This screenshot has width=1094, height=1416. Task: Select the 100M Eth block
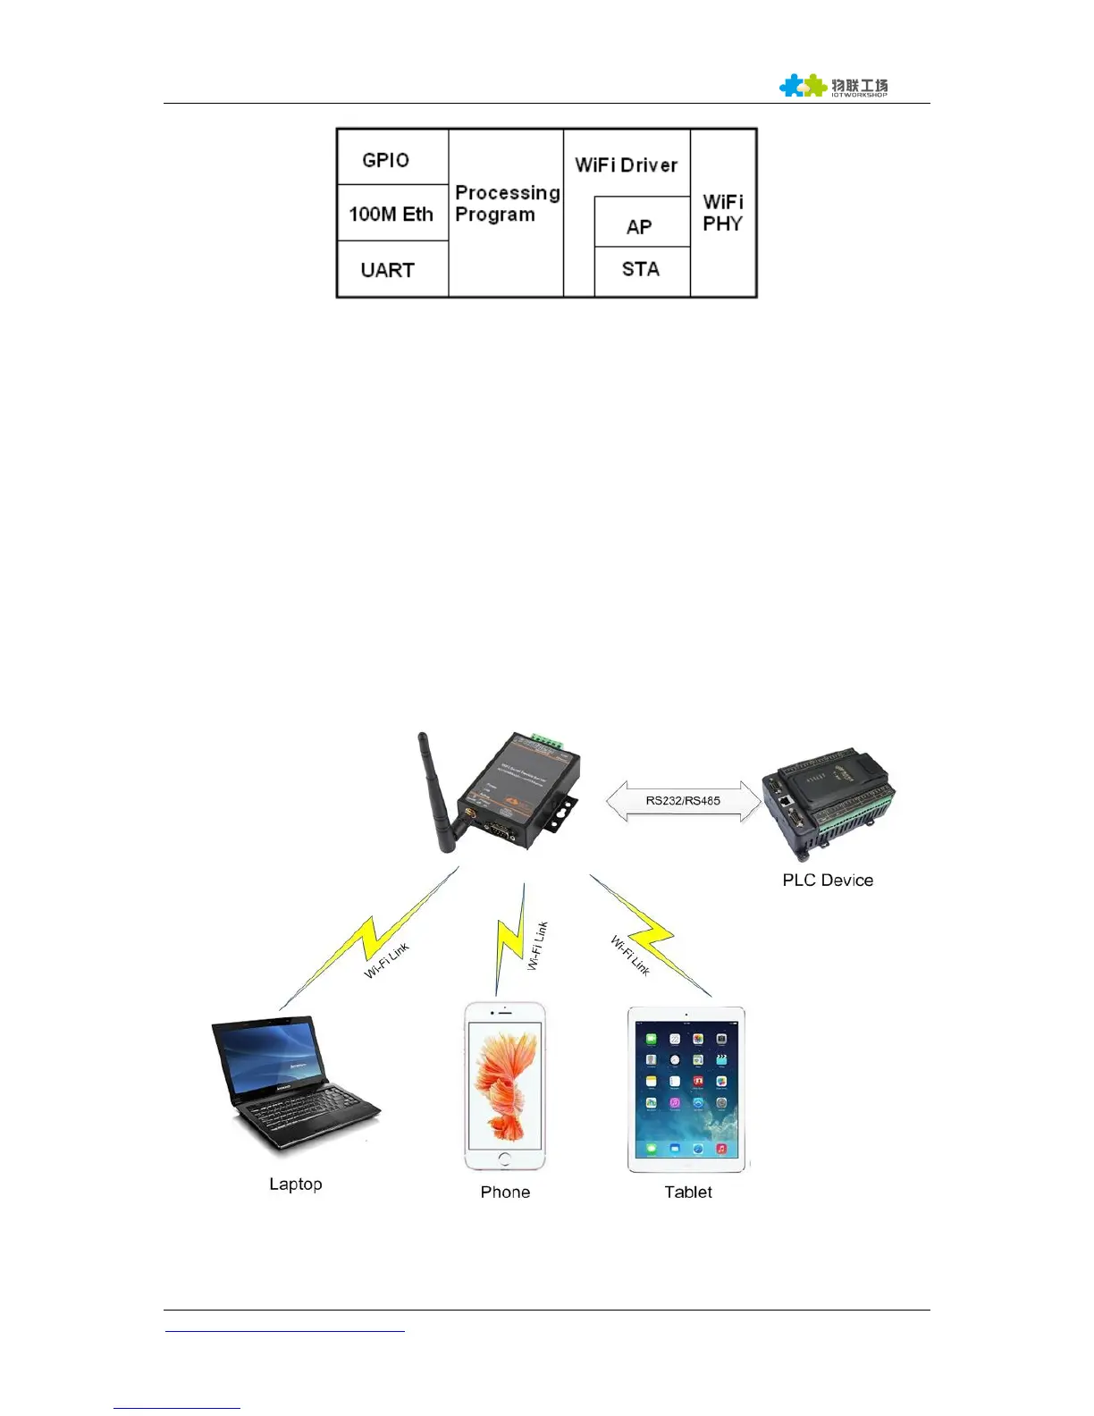391,214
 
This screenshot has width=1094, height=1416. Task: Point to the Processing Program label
506,204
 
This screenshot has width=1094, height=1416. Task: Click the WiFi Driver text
626,164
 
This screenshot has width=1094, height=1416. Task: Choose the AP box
641,225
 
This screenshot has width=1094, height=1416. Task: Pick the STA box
641,269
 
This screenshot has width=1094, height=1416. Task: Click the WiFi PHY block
723,213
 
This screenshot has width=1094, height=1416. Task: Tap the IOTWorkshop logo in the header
833,86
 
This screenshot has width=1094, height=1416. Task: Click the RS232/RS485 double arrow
683,801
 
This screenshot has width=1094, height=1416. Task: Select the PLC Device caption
828,880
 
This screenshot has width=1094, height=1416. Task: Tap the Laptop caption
296,1184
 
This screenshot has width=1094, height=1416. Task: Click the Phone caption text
505,1192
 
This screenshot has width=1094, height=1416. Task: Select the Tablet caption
688,1192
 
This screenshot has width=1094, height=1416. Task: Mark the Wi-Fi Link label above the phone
537,946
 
